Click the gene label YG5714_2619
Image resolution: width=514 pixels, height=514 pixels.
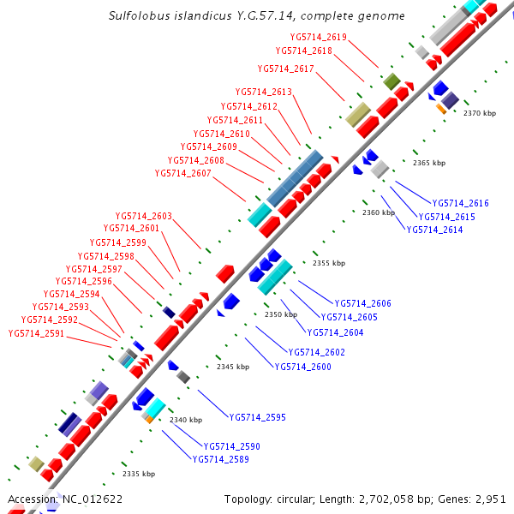(319, 37)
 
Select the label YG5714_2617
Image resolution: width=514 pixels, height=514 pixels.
(286, 69)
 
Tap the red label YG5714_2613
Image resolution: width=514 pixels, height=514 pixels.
(264, 92)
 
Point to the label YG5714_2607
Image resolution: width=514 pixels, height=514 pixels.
(182, 173)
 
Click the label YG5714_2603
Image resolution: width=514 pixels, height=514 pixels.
(144, 216)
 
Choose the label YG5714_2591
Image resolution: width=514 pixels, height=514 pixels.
(37, 334)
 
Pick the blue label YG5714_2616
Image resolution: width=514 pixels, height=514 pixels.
(461, 203)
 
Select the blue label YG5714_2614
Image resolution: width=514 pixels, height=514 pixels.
(434, 230)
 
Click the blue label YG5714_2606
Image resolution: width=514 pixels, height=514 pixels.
(363, 303)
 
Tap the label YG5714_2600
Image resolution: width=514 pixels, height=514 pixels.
(303, 367)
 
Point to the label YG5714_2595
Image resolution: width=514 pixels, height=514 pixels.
(258, 417)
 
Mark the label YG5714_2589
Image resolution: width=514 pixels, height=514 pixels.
(220, 459)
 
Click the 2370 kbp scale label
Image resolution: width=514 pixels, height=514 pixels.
(480, 113)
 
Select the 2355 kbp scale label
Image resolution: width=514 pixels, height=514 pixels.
(329, 263)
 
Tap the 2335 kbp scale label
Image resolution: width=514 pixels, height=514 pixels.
(139, 474)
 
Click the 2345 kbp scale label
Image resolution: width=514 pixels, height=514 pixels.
(233, 367)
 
